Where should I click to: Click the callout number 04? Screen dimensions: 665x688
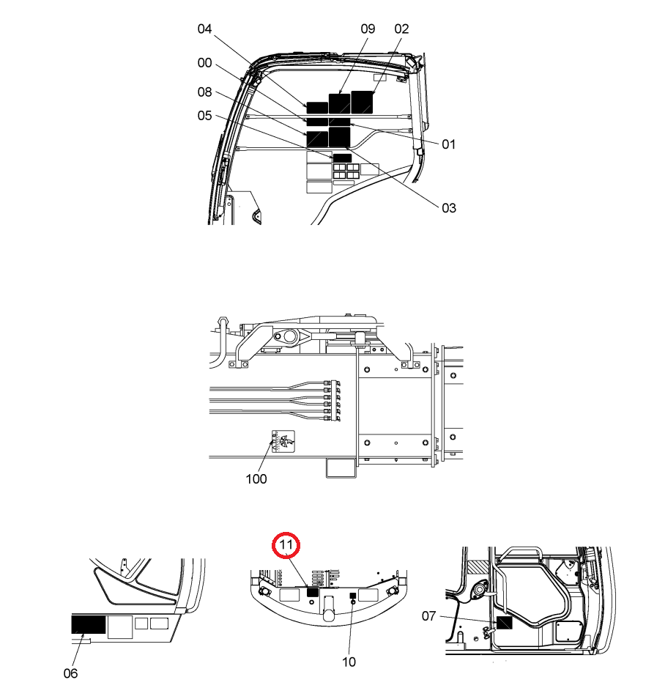(204, 29)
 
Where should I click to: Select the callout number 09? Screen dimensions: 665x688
(368, 29)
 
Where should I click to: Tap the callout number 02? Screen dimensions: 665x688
(401, 29)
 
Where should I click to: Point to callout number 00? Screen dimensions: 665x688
(204, 63)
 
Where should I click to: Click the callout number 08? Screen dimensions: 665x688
(204, 92)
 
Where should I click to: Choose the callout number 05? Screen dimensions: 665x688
(204, 116)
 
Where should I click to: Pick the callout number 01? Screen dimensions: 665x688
(448, 144)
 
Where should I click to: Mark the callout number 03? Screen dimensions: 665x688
(449, 208)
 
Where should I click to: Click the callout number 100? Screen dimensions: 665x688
(256, 478)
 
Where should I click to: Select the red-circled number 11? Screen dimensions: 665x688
(286, 545)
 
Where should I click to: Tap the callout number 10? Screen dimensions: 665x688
(349, 662)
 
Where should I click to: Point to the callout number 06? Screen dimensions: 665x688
(70, 673)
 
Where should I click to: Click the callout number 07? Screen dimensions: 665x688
(428, 616)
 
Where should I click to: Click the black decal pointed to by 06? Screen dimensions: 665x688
(89, 624)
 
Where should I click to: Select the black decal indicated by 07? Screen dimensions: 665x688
(504, 623)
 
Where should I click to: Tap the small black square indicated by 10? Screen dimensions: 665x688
(352, 596)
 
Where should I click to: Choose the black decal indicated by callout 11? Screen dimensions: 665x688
(312, 592)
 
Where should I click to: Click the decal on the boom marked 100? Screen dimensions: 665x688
(283, 441)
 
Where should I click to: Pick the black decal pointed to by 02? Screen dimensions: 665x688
(362, 103)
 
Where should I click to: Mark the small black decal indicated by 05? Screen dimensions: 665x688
(342, 158)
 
